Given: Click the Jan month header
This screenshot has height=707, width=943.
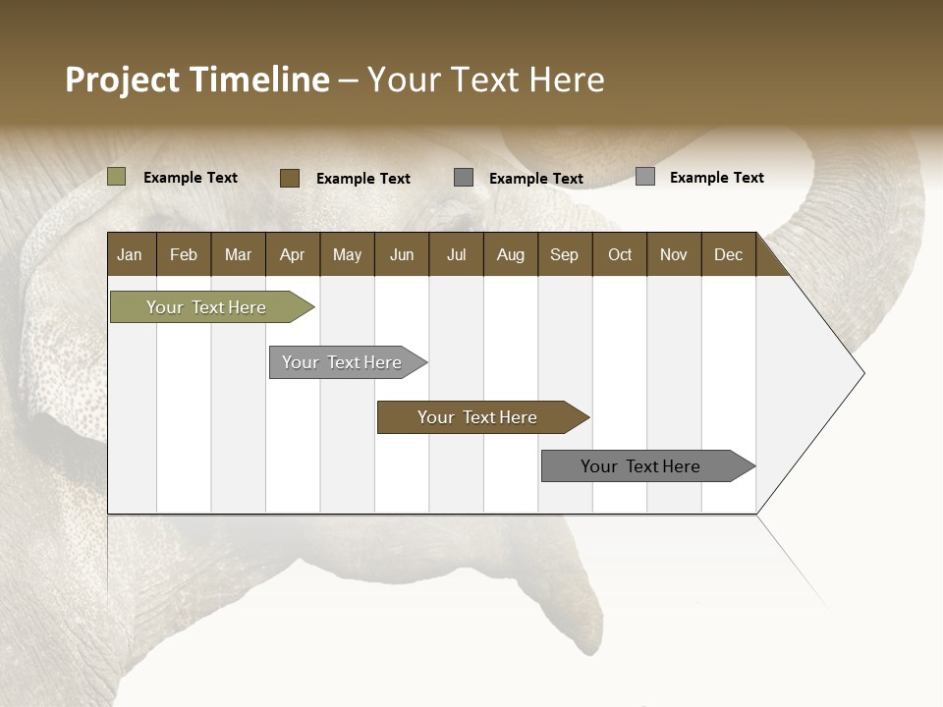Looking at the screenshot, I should [130, 254].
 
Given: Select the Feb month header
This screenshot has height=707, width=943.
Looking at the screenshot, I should [184, 254].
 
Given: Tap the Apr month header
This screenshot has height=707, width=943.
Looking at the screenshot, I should [292, 254].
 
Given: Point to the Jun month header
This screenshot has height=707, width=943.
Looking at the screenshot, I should [401, 254].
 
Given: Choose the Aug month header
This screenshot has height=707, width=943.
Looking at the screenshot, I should [510, 254].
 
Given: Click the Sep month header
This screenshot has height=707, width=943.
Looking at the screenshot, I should [564, 254].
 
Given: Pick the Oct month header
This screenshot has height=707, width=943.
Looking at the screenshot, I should [619, 254].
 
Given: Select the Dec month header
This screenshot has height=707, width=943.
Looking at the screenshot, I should [728, 254].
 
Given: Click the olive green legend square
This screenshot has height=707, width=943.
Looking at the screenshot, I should [117, 177].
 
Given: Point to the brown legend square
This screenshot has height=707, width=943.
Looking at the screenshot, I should [290, 178].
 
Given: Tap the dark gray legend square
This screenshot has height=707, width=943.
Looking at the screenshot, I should [464, 178].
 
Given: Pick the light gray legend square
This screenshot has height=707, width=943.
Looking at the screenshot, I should [645, 177].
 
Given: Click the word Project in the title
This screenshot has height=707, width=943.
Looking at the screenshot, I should [123, 81].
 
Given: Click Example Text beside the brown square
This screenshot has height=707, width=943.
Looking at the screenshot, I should [362, 179].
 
